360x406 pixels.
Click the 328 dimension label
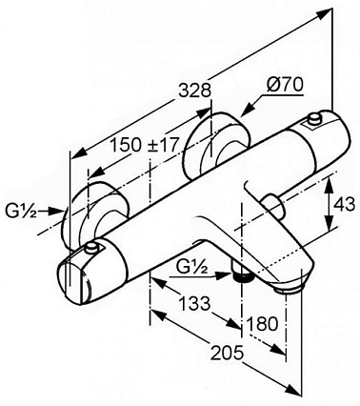pos(195,91)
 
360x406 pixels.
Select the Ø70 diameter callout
pos(285,85)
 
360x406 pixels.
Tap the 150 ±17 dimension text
pos(144,145)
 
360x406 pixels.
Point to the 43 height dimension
pos(344,205)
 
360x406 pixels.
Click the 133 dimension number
pos(194,303)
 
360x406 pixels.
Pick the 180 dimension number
pos(262,324)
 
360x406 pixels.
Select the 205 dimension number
pos(228,353)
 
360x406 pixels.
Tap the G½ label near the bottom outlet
pos(192,269)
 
